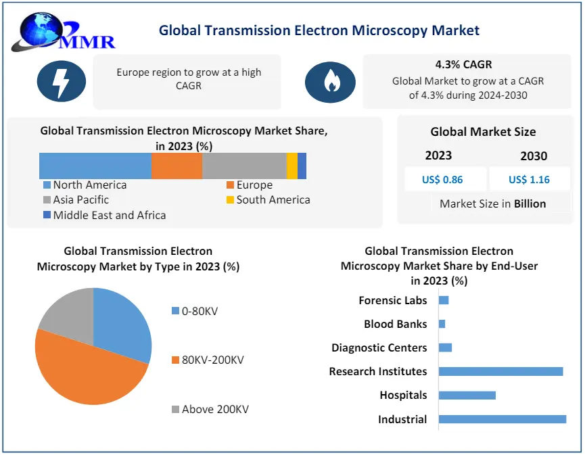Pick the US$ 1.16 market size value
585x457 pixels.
pos(529,180)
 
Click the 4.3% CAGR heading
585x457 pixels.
pos(463,65)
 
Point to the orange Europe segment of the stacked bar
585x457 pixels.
pos(177,166)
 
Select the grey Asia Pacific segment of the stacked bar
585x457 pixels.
pos(244,166)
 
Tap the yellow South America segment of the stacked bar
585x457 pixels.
pos(291,166)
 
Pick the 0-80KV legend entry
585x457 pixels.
pos(199,311)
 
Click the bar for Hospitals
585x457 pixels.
pos(467,395)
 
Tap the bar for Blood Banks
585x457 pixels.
pos(442,324)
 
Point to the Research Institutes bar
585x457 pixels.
pos(500,371)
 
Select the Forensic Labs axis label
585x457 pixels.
pos(392,300)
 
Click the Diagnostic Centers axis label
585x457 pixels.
pos(379,347)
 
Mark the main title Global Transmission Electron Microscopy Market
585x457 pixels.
pos(319,30)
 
